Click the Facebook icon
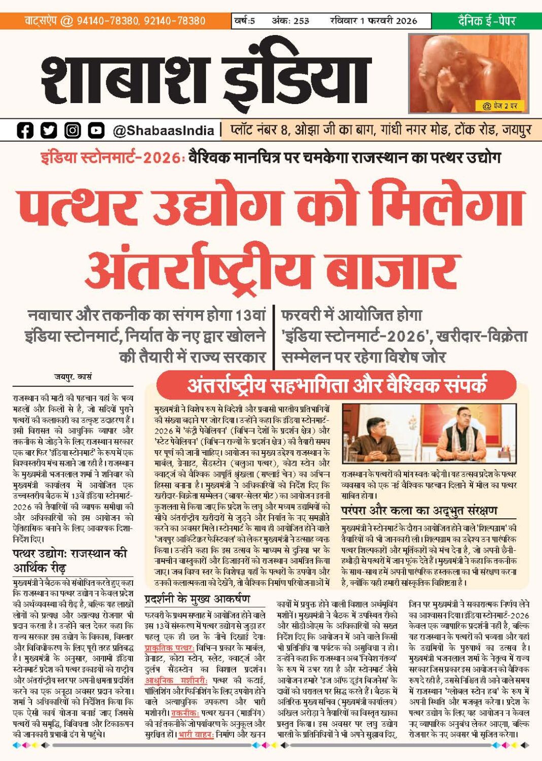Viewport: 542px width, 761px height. coord(25,130)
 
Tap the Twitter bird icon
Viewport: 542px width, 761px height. coord(49,130)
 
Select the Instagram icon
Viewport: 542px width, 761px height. coord(73,130)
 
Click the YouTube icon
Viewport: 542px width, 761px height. coord(96,130)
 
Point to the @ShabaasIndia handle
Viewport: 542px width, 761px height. coord(163,131)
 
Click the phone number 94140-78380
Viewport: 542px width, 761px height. coord(108,21)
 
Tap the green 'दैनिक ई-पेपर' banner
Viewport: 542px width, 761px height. coord(486,21)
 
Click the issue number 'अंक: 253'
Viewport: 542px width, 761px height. coord(290,21)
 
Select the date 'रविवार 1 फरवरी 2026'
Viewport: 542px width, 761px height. coord(373,21)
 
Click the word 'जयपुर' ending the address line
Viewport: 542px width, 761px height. coord(517,130)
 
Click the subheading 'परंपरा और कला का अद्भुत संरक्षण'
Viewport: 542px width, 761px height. coord(419,510)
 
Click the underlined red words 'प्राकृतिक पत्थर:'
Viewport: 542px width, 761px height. coord(170,648)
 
